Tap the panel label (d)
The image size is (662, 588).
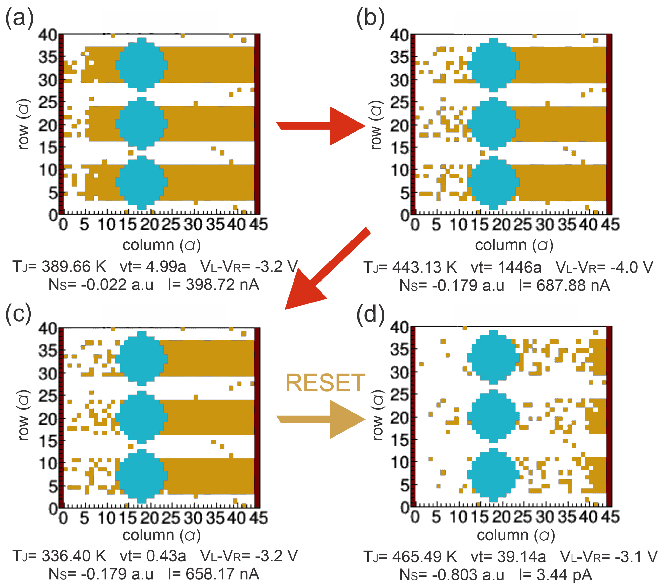pos(370,314)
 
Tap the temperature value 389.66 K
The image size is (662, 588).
pos(74,267)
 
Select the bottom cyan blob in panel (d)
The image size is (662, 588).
pos(493,475)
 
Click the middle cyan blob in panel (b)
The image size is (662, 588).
pos(493,124)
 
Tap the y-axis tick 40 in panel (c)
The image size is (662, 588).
pos(48,329)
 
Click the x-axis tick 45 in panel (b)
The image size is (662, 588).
pos(611,225)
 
